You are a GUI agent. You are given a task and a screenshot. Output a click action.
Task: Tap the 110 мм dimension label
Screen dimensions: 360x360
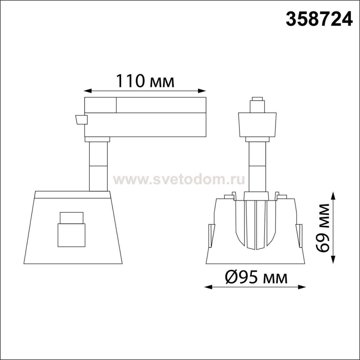point(145,81)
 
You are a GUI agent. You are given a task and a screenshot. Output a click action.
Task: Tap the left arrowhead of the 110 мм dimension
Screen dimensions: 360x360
point(88,91)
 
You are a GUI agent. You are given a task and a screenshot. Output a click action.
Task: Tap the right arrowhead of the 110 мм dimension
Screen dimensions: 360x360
point(202,91)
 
